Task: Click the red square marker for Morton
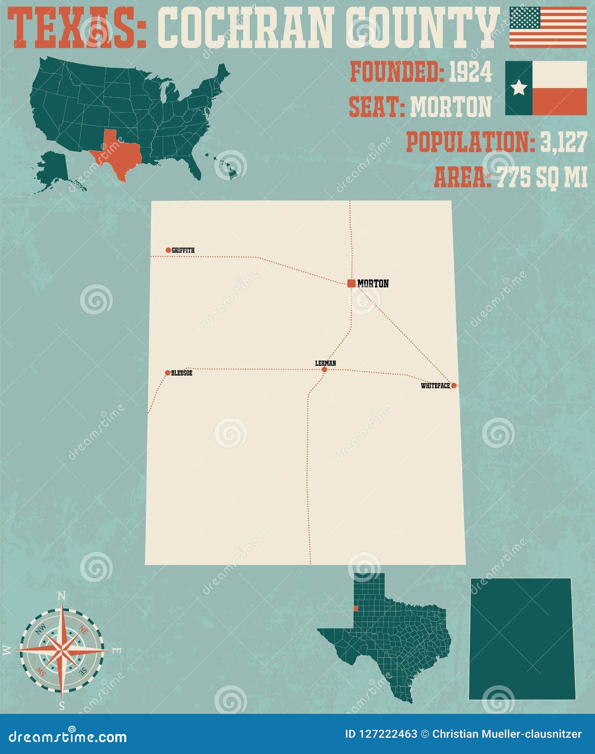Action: [351, 283]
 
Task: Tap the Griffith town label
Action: [183, 250]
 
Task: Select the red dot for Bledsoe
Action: [168, 373]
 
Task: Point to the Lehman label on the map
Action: [325, 363]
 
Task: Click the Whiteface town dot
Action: [454, 385]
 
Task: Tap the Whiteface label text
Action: [435, 386]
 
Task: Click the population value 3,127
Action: [563, 142]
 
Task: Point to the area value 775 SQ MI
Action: [542, 177]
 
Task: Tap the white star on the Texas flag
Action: [519, 88]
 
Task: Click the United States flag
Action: [548, 27]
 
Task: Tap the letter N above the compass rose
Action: [62, 596]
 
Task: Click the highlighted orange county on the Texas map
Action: [356, 609]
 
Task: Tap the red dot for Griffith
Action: [168, 250]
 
